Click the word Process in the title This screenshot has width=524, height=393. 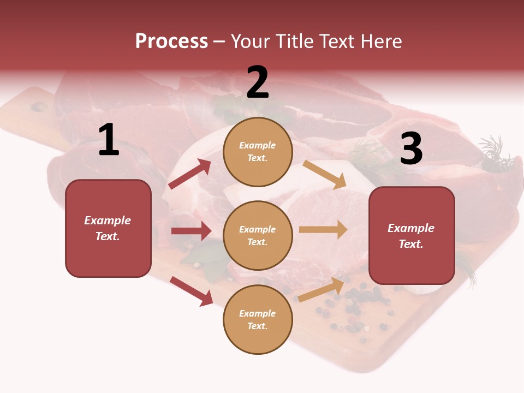(x=171, y=41)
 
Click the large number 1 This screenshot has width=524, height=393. (x=109, y=141)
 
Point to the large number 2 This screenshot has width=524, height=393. (x=258, y=82)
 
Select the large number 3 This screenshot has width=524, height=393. (x=411, y=148)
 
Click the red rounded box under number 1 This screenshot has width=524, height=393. (x=108, y=228)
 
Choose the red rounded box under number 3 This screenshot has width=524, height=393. (x=412, y=235)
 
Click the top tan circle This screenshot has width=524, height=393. (x=258, y=152)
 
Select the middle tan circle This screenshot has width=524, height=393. (x=258, y=235)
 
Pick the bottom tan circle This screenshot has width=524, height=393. (x=258, y=319)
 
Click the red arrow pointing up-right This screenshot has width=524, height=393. (x=190, y=174)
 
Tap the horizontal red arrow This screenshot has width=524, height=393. (x=191, y=231)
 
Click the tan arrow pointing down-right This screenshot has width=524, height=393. (x=325, y=175)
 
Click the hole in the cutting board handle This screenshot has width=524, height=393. (x=39, y=107)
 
